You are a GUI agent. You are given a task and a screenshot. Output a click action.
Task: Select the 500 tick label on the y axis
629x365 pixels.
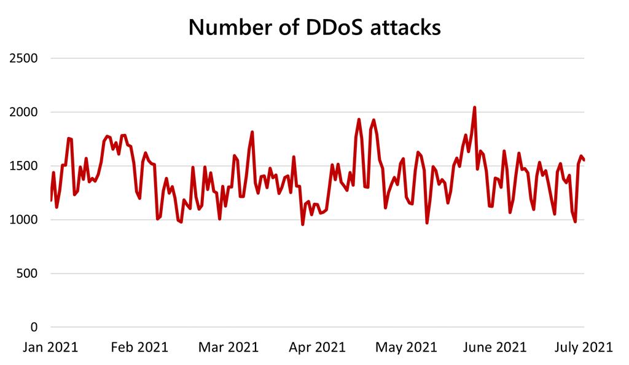click(x=28, y=273)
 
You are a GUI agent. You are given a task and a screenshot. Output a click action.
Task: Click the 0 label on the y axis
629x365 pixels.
click(x=34, y=327)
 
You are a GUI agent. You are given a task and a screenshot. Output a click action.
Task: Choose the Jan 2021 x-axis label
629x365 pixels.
click(x=50, y=347)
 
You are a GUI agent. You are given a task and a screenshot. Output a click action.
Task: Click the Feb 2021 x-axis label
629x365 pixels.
click(x=140, y=347)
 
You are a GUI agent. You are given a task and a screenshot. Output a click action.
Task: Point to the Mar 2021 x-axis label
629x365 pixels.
click(x=228, y=347)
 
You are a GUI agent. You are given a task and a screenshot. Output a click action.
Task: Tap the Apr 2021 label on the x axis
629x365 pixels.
click(x=317, y=347)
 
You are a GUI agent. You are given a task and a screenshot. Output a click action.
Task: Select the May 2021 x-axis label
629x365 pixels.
click(x=406, y=347)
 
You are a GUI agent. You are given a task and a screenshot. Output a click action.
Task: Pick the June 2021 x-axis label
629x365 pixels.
click(x=495, y=347)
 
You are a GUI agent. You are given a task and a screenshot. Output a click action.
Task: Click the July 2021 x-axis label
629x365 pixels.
click(x=584, y=347)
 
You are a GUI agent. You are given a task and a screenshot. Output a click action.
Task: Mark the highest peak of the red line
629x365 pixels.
click(x=474, y=108)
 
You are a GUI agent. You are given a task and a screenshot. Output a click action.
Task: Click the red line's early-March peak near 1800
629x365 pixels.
click(x=252, y=132)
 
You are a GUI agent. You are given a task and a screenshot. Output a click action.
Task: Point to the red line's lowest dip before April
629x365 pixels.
click(x=302, y=224)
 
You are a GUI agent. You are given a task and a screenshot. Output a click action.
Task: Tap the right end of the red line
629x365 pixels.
click(x=584, y=160)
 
